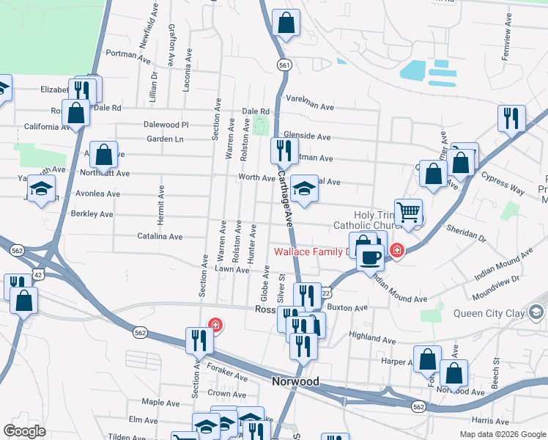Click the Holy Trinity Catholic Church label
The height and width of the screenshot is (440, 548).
(365, 219)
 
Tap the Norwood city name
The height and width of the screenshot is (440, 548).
(295, 382)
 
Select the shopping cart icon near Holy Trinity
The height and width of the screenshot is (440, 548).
(408, 212)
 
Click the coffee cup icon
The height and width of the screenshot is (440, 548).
(371, 257)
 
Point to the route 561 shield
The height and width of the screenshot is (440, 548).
(284, 65)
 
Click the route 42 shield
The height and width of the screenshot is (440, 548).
(38, 273)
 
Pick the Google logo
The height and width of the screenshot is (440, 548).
(24, 431)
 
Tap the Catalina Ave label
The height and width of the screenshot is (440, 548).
(160, 237)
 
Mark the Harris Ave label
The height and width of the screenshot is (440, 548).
(491, 421)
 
